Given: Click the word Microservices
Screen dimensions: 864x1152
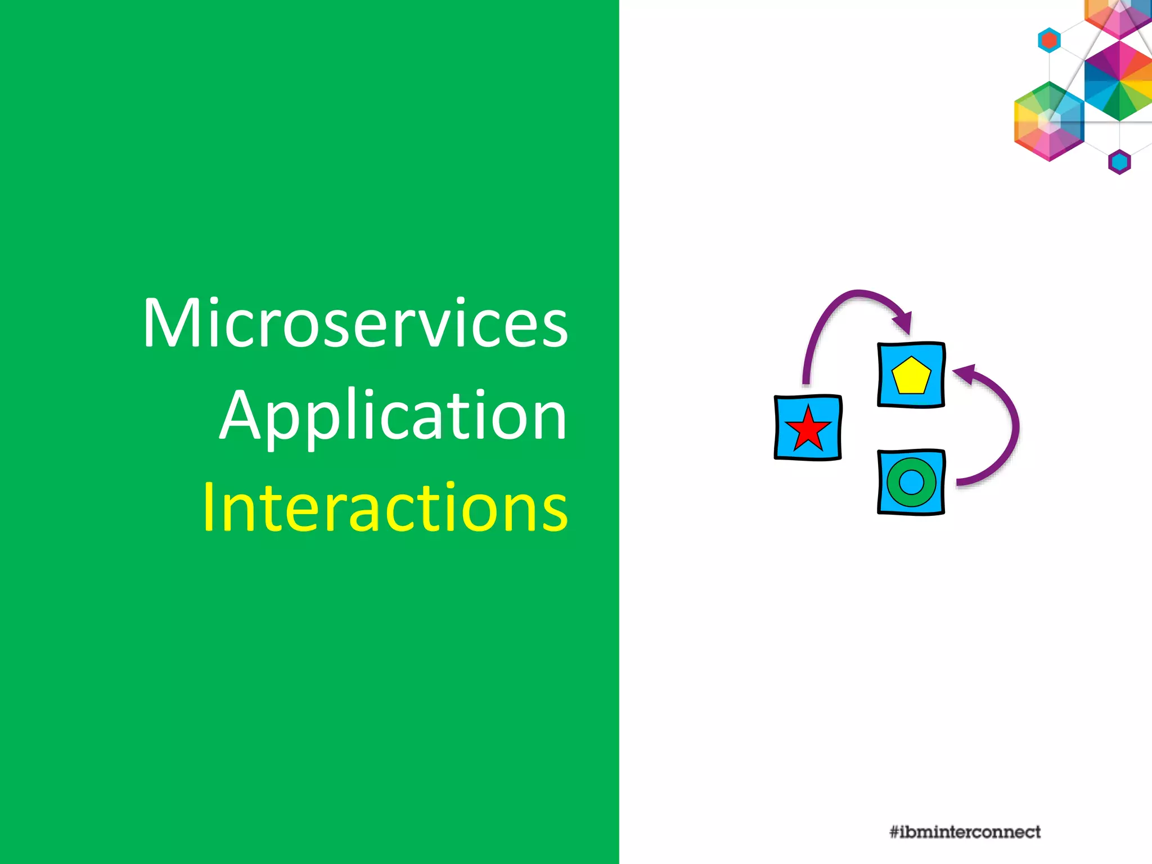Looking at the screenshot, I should (355, 323).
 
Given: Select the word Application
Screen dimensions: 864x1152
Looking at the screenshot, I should (393, 416).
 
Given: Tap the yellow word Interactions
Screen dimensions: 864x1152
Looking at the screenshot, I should (385, 507).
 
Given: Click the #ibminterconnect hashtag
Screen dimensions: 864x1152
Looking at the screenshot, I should (965, 832).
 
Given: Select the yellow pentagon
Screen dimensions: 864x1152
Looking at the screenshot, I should (911, 376).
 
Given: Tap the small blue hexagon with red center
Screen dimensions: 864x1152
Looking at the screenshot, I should (1049, 40).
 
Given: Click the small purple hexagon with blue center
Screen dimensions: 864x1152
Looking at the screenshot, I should (1119, 163).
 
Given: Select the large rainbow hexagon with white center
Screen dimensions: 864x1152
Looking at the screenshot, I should (1049, 121).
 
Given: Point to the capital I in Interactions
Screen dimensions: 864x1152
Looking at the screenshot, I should (209, 507).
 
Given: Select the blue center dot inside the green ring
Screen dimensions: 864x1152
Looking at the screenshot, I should (911, 482).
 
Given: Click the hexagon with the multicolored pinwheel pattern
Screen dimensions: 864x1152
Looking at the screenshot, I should (1119, 81).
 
